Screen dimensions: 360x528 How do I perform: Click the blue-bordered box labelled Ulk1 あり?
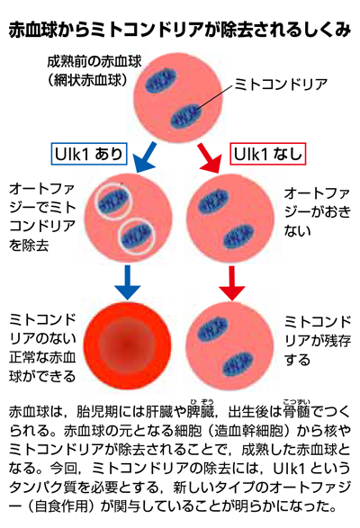coord(89,154)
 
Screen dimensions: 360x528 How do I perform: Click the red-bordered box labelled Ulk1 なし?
coord(268,154)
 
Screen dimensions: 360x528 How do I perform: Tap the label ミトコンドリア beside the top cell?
coord(281,85)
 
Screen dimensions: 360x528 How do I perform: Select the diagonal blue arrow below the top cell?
coord(145,157)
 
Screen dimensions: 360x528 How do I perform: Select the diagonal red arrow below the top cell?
coord(210,158)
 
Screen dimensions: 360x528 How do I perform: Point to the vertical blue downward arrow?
coord(128,282)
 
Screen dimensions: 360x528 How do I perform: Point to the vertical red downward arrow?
coord(231,282)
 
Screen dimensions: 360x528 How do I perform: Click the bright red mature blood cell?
coord(128,345)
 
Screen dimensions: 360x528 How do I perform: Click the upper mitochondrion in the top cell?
coord(161,80)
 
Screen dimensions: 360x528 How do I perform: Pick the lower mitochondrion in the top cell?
coord(186,116)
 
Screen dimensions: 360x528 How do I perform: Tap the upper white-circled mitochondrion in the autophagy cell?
coord(113,201)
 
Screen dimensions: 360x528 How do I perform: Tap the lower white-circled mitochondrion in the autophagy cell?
coord(137,236)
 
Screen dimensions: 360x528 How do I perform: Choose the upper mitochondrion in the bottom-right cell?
coord(212,328)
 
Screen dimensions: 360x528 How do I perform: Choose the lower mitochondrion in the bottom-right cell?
coord(238,364)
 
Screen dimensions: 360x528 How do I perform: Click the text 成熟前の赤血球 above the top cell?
coord(94,62)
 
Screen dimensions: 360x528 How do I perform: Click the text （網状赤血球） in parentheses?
coord(88,80)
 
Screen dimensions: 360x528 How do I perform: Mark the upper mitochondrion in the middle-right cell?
coord(213,201)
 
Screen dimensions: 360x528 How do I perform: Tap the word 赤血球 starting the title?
coord(32,31)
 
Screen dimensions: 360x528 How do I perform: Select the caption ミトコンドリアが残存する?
coord(318,341)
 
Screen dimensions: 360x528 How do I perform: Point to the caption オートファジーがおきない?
coord(317,212)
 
